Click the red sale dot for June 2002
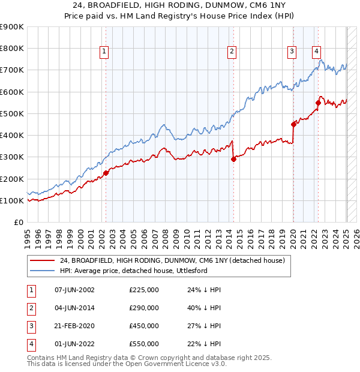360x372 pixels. tap(106, 173)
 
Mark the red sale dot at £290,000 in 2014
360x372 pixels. tap(233, 159)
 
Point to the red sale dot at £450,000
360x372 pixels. tap(294, 124)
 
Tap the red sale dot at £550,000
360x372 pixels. tap(318, 103)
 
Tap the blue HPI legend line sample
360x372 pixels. tap(43, 271)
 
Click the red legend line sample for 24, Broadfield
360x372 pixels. tap(43, 260)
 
